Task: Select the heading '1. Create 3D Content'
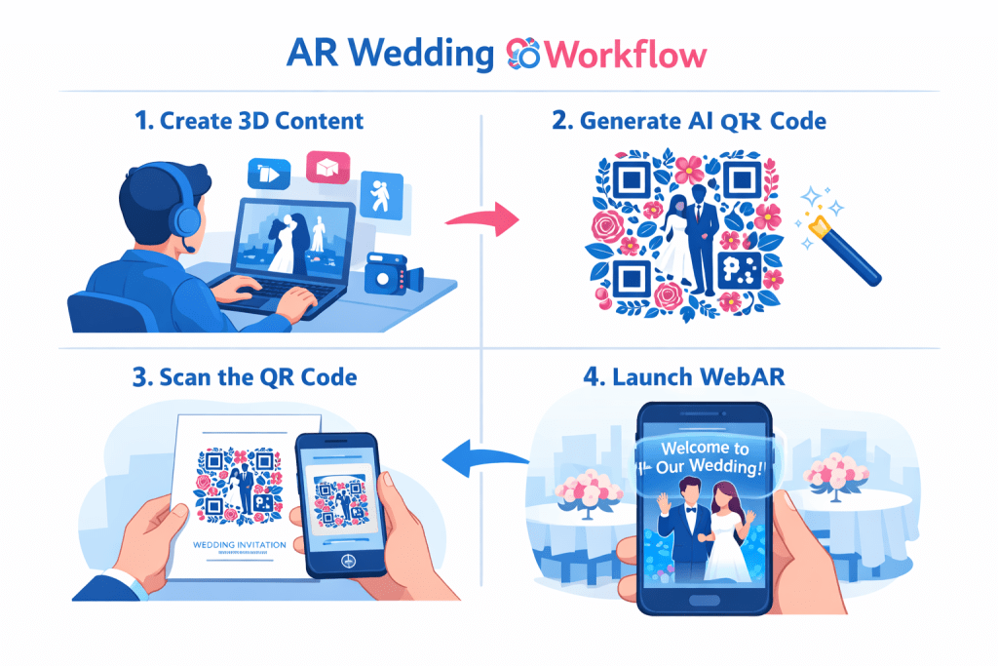(x=249, y=122)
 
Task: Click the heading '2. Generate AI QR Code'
(x=703, y=122)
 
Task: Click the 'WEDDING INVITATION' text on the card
(x=239, y=544)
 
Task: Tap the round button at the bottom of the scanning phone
(x=342, y=563)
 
